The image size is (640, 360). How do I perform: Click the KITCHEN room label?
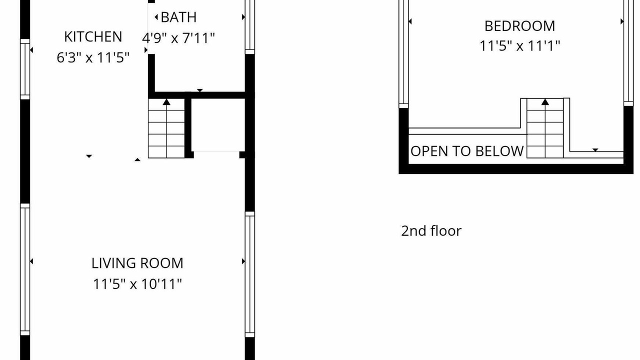coord(93,37)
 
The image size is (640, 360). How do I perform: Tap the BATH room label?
coord(178,17)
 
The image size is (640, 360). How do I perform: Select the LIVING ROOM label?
coord(137,263)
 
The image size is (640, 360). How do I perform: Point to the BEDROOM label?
coord(519,26)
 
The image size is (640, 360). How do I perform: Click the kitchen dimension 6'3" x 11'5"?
coord(93,57)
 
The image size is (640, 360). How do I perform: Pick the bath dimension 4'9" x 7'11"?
coord(178,38)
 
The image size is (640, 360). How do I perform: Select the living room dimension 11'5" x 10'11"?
coord(137,284)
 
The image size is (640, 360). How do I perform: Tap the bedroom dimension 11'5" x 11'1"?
coord(519,45)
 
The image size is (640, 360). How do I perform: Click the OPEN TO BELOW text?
coord(467,151)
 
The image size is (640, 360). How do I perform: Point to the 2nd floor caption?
coord(431,231)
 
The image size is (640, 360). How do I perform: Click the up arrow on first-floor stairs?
coord(166,101)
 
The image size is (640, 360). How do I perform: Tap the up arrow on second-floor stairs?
coord(545,101)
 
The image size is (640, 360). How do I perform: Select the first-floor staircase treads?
coord(166,128)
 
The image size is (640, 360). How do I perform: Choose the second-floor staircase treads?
coord(545,128)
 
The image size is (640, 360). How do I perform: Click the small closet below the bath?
coord(218,125)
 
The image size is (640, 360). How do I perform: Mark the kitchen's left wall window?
coord(25,69)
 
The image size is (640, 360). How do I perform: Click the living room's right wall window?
coord(250,274)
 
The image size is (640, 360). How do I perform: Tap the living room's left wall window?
coord(25,269)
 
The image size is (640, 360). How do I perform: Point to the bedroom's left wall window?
coord(403,54)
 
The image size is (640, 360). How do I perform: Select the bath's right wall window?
coord(250,27)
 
